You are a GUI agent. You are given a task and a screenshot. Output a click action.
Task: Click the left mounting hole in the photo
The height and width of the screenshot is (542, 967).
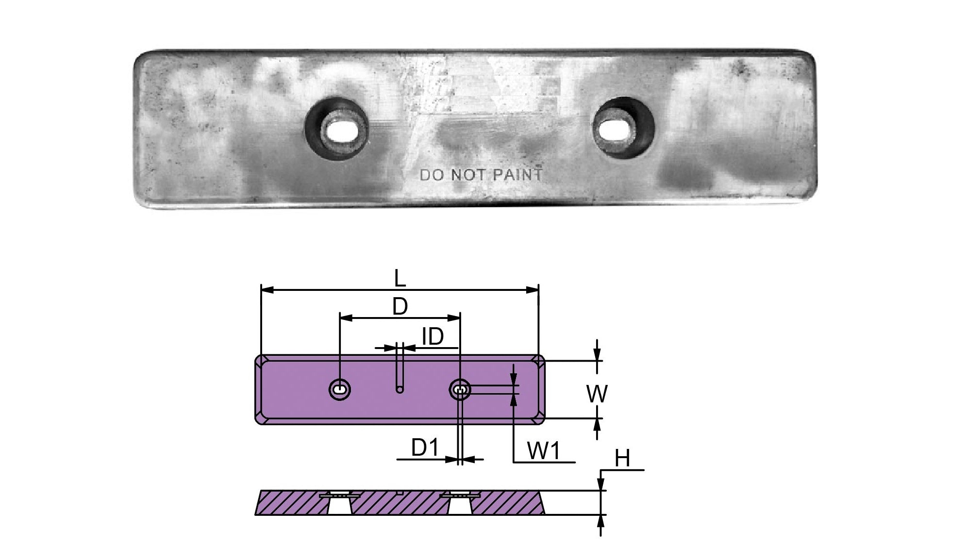[337, 128]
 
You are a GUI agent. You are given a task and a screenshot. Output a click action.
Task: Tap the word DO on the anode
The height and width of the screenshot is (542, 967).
[432, 175]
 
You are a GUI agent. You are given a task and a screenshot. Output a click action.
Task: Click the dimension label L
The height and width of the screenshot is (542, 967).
[400, 279]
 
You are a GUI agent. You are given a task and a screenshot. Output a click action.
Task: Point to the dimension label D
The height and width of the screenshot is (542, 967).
[400, 306]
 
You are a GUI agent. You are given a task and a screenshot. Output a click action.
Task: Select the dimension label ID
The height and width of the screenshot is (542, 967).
[433, 336]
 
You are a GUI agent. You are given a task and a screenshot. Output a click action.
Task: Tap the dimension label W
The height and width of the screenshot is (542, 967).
[597, 394]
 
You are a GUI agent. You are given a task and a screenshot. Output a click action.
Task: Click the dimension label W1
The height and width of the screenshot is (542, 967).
[544, 451]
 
